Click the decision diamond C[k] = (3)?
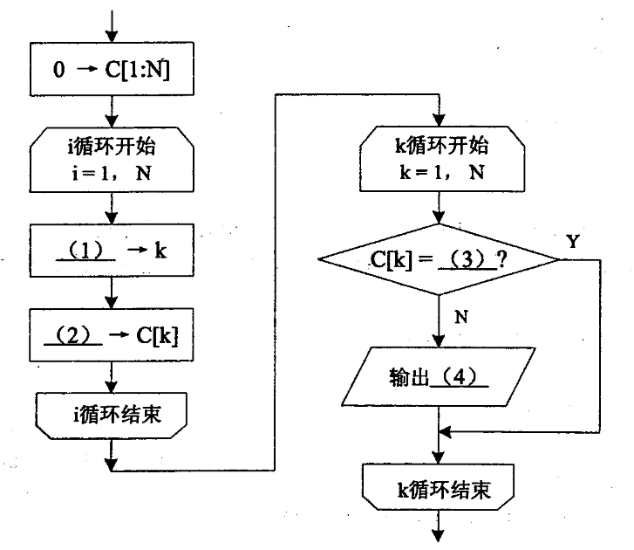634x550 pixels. pos(439,259)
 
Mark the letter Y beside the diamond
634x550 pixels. pos(573,242)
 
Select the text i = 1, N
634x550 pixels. pos(111,170)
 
